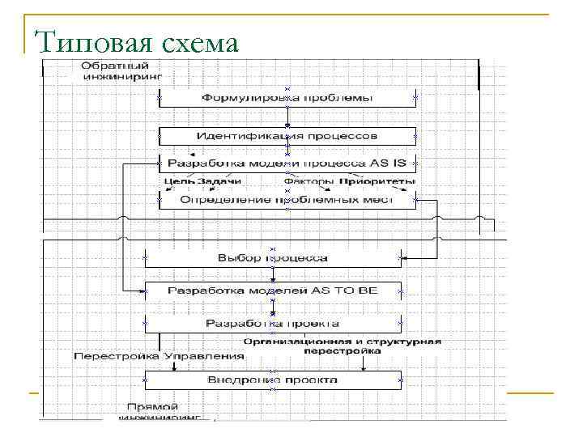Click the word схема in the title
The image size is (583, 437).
pyautogui.click(x=202, y=42)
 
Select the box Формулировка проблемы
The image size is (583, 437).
pyautogui.click(x=287, y=98)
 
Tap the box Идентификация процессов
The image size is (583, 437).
pyautogui.click(x=287, y=135)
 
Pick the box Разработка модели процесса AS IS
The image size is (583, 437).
pyautogui.click(x=287, y=163)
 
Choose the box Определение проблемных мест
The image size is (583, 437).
pyautogui.click(x=287, y=199)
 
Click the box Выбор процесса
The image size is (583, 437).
pyautogui.click(x=273, y=258)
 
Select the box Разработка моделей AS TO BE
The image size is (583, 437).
pyautogui.click(x=273, y=290)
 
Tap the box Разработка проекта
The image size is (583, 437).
pyautogui.click(x=273, y=323)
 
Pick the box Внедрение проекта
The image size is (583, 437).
pyautogui.click(x=273, y=380)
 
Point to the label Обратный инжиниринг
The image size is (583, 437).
pyautogui.click(x=121, y=71)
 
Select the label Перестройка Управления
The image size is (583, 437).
pyautogui.click(x=159, y=355)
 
